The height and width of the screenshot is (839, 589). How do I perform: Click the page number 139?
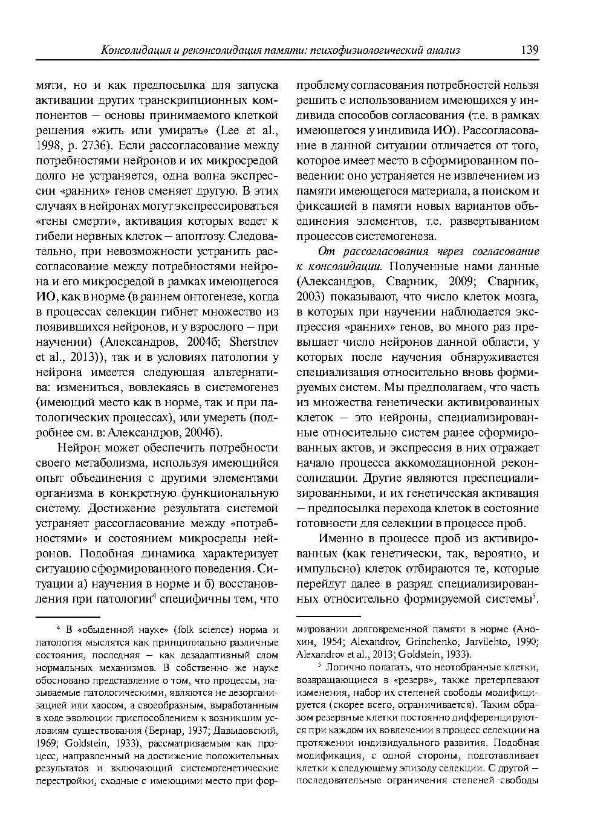click(529, 50)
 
